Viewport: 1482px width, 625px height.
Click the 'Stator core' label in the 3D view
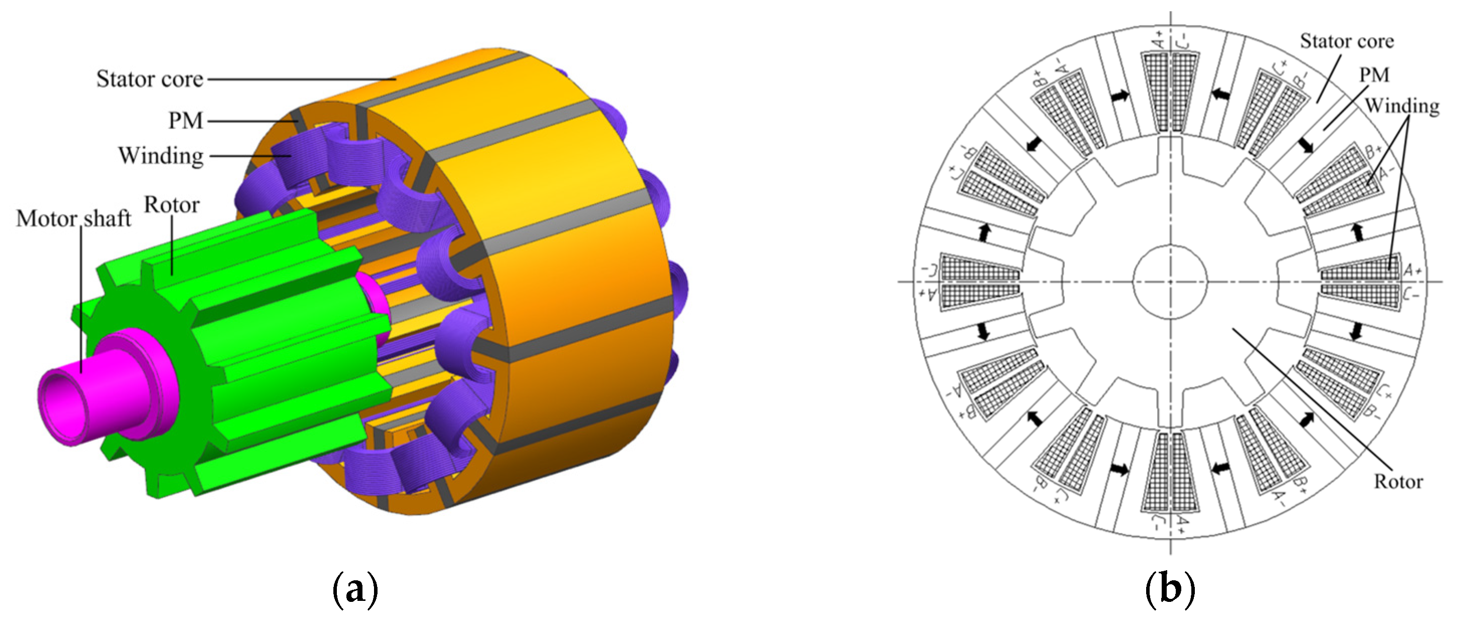150,79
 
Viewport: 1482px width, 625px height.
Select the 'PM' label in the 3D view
185,121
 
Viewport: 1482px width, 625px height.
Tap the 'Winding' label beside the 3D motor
161,156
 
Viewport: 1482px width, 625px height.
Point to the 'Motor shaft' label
74,219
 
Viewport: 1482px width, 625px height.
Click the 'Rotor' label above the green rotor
171,204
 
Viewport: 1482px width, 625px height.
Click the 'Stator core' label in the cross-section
1347,41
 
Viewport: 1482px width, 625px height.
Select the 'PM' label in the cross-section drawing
1375,75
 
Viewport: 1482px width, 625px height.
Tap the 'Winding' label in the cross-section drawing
1402,106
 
